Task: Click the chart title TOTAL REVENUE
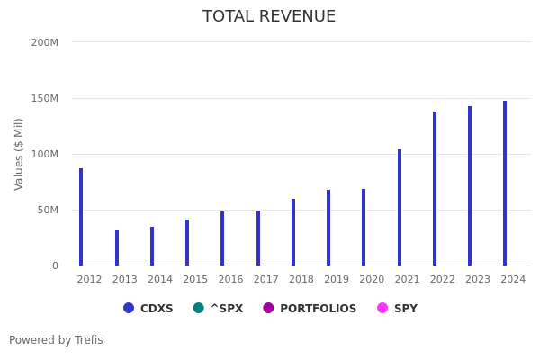269,17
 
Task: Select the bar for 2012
81,217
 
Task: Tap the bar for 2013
117,248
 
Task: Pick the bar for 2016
222,238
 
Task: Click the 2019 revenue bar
328,228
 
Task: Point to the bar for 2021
400,208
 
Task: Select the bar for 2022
435,189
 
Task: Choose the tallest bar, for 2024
505,184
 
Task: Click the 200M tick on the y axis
44,42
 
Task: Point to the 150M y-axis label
44,98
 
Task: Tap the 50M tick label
47,210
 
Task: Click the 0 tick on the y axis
54,266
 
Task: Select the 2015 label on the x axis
195,280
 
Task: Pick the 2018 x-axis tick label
301,280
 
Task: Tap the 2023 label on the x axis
478,280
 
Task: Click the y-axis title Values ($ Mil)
19,154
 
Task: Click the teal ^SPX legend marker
199,308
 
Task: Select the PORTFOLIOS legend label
318,309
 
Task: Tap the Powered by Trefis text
56,340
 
